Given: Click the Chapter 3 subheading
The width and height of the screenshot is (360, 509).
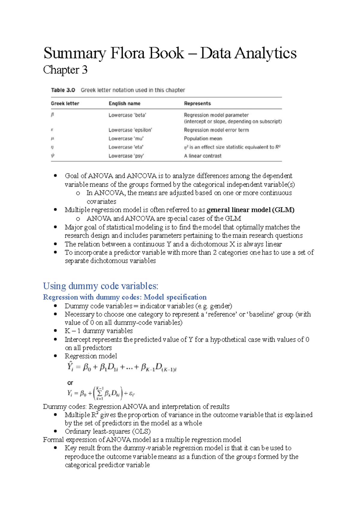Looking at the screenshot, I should [65, 70].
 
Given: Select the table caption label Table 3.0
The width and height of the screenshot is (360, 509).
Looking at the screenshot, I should [63, 90].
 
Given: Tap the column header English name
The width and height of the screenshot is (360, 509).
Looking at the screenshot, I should [124, 103].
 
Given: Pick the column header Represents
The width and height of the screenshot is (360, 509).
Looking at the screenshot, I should [197, 103].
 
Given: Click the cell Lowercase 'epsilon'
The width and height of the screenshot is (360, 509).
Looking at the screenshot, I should [130, 130].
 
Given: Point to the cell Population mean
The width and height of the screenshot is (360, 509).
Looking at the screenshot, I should [203, 138].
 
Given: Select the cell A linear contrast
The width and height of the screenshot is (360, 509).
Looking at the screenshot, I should [202, 156].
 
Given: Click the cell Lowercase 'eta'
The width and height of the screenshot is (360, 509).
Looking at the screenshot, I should [126, 147].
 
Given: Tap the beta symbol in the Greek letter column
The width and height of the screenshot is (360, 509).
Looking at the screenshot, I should [52, 115].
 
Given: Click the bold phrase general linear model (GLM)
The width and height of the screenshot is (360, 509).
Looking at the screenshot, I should [250, 210].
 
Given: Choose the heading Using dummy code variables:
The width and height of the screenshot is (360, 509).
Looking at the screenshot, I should [100, 286].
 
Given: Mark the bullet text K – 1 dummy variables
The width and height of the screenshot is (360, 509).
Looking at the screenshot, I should [98, 331].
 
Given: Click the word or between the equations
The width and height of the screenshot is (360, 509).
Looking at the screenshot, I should [70, 383].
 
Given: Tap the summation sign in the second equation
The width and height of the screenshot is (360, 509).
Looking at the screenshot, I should [100, 393].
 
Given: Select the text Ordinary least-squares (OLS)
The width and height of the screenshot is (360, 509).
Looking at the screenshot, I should [107, 431].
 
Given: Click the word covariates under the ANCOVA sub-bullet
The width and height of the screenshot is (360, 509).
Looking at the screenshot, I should [101, 201].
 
